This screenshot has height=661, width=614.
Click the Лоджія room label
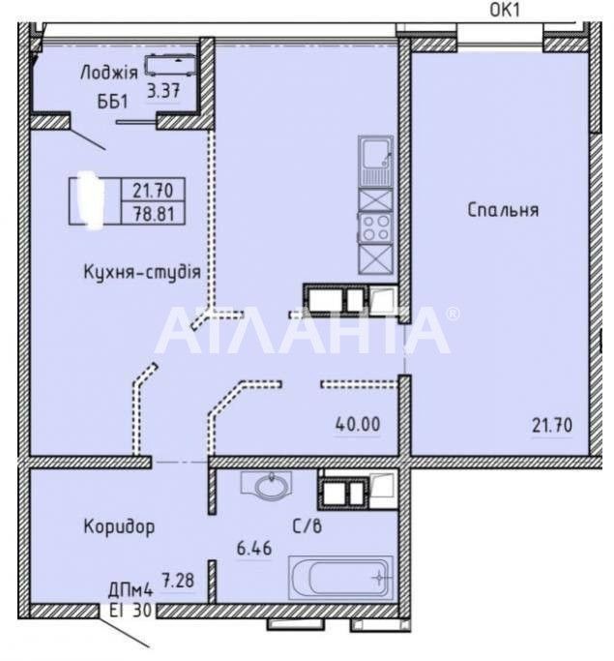click(x=109, y=73)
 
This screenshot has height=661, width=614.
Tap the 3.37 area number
click(x=163, y=90)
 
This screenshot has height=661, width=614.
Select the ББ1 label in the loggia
click(x=112, y=102)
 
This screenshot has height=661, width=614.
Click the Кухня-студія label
click(x=142, y=272)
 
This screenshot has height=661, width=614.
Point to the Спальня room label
click(x=503, y=209)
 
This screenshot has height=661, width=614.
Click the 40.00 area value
click(x=358, y=424)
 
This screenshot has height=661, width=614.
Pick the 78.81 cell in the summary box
click(x=154, y=214)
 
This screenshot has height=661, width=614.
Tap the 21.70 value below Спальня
click(x=552, y=425)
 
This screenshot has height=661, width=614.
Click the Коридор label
click(x=119, y=526)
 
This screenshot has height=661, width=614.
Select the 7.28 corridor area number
click(x=179, y=581)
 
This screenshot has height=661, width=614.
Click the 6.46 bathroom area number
click(x=254, y=549)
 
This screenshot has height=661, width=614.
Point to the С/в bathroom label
click(x=307, y=526)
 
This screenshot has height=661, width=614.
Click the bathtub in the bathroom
click(x=340, y=578)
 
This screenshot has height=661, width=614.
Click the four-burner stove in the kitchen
click(x=375, y=227)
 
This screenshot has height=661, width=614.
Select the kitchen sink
click(x=375, y=161)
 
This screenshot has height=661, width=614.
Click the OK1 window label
click(x=505, y=10)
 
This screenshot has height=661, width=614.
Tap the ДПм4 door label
click(x=131, y=590)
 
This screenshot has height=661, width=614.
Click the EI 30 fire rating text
click(x=131, y=610)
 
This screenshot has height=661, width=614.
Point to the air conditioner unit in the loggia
click(x=170, y=65)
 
